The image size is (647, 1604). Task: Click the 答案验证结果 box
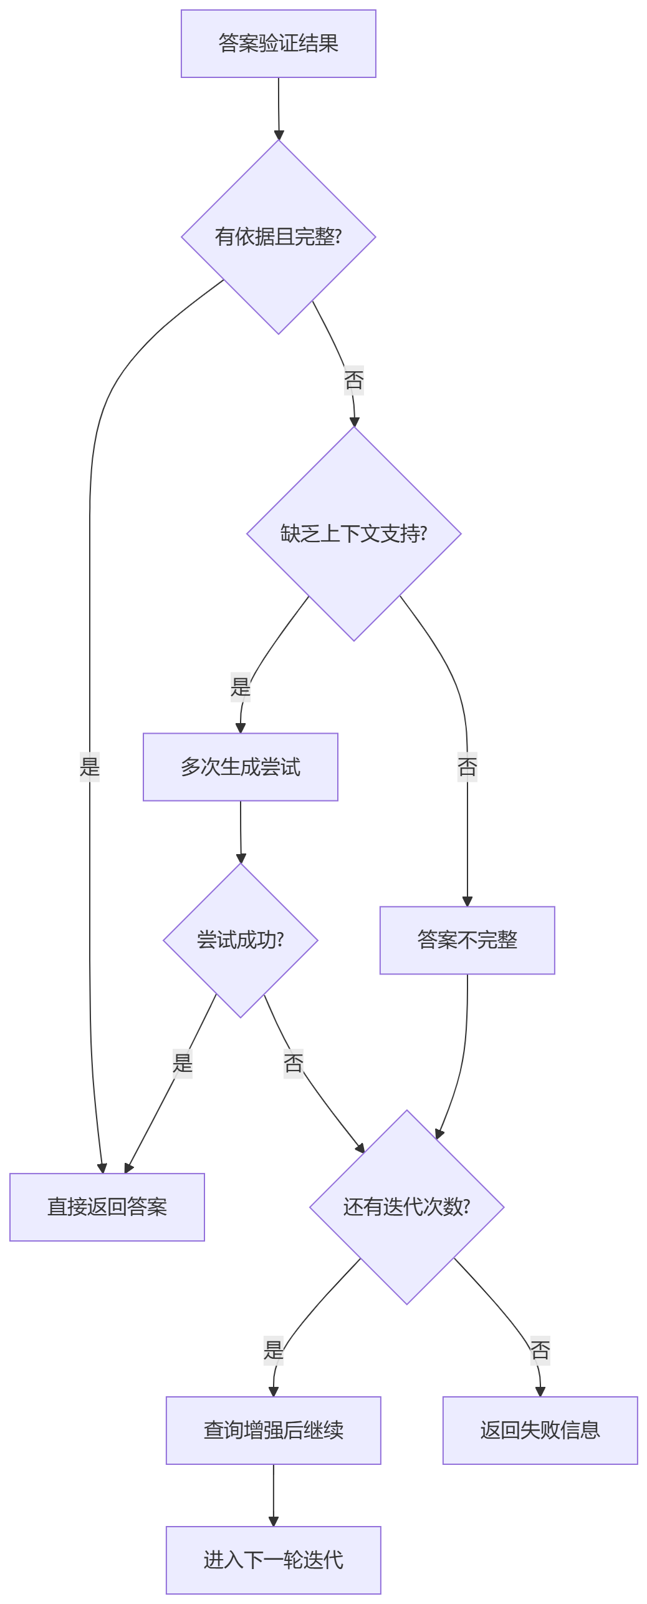coord(278,44)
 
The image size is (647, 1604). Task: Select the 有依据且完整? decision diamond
coord(278,237)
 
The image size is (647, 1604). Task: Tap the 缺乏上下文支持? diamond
coord(353,534)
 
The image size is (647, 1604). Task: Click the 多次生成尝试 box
coord(240,767)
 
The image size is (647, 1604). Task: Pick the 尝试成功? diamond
coord(240,940)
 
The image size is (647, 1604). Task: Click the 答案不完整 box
coord(467,940)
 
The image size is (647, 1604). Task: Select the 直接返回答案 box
coord(107,1207)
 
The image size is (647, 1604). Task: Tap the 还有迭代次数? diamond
coord(406,1207)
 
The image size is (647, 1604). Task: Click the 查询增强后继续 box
coord(273,1431)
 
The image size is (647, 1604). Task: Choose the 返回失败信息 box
coord(540,1431)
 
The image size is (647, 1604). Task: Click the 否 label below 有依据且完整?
coord(353,380)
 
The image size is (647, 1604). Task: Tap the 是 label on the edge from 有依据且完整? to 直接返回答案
coord(90,767)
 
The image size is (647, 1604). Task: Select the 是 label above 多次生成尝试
coord(241,687)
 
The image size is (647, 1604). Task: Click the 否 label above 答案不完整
coord(467,767)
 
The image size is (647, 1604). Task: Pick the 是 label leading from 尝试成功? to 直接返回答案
coord(183,1063)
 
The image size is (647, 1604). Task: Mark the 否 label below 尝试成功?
coord(293,1063)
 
